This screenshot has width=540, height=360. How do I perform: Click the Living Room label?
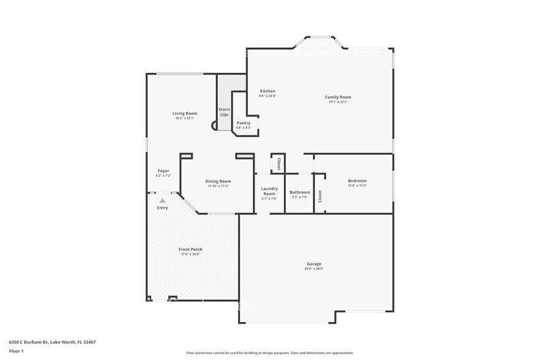184,113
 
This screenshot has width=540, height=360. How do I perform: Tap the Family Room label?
338,97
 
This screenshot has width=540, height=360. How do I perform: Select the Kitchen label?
268,91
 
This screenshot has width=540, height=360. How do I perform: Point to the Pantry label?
244,123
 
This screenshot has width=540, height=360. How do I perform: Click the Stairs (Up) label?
224,112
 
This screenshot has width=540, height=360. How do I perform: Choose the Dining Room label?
217,181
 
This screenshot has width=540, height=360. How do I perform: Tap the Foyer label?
163,171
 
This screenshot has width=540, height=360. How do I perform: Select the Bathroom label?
300,192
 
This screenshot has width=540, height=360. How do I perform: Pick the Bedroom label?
357,181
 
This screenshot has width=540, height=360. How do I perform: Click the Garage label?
313,264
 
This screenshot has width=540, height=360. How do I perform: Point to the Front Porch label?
190,249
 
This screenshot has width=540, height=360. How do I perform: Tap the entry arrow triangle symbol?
162,200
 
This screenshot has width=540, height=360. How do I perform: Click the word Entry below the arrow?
162,208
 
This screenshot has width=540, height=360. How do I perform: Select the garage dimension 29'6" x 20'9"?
313,269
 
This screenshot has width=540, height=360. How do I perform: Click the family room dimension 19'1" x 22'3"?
338,102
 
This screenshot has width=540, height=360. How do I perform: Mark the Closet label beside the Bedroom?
320,196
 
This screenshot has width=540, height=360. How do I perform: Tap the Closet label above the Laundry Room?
279,163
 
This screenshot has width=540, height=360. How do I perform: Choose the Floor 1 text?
16,351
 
